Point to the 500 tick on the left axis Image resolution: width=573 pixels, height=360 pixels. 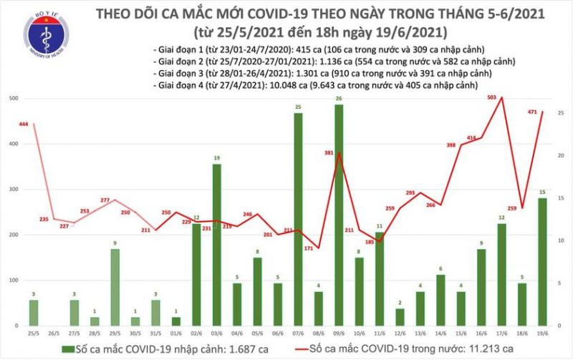pyautogui.click(x=12, y=98)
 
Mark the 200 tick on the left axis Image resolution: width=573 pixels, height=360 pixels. pyautogui.click(x=12, y=235)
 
